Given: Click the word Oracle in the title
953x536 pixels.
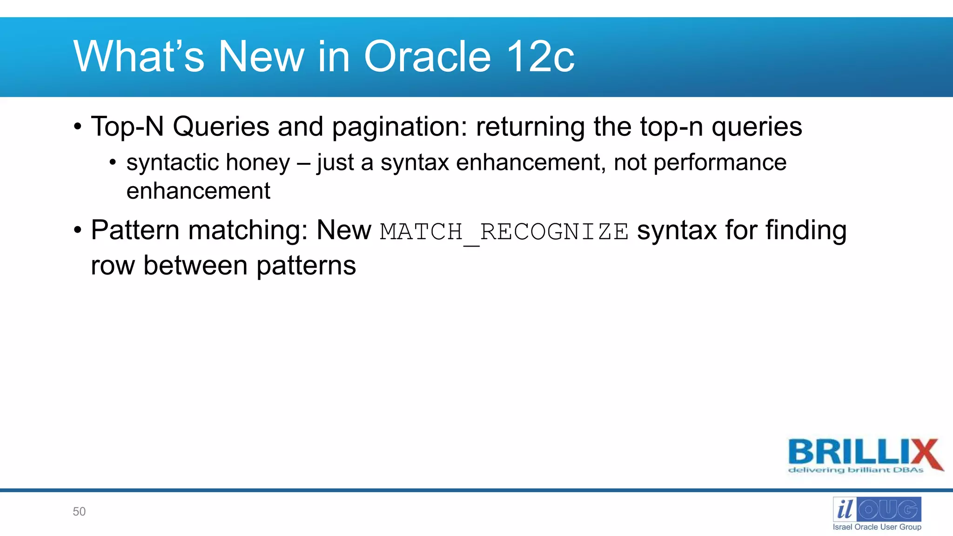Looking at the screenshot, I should pos(427,57).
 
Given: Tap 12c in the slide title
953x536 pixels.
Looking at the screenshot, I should pos(540,57).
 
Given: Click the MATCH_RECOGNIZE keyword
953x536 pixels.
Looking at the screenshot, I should pos(504,232).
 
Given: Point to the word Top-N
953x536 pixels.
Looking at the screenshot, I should pos(127,127).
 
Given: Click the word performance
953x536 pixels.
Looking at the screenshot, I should pos(720,163).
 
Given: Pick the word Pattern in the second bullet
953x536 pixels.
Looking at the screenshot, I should pos(135,230).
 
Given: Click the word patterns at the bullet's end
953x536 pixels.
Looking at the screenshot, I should pos(306,266).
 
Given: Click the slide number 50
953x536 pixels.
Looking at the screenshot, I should pos(79,511).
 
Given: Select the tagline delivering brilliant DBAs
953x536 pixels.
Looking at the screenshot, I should pos(856,470).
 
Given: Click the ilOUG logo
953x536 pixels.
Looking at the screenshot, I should pos(877,509).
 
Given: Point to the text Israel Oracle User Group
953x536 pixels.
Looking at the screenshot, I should pos(877,527).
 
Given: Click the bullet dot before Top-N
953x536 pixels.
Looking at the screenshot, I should pos(78,127).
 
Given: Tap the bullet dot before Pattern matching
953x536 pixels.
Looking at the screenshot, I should pos(78,230).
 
